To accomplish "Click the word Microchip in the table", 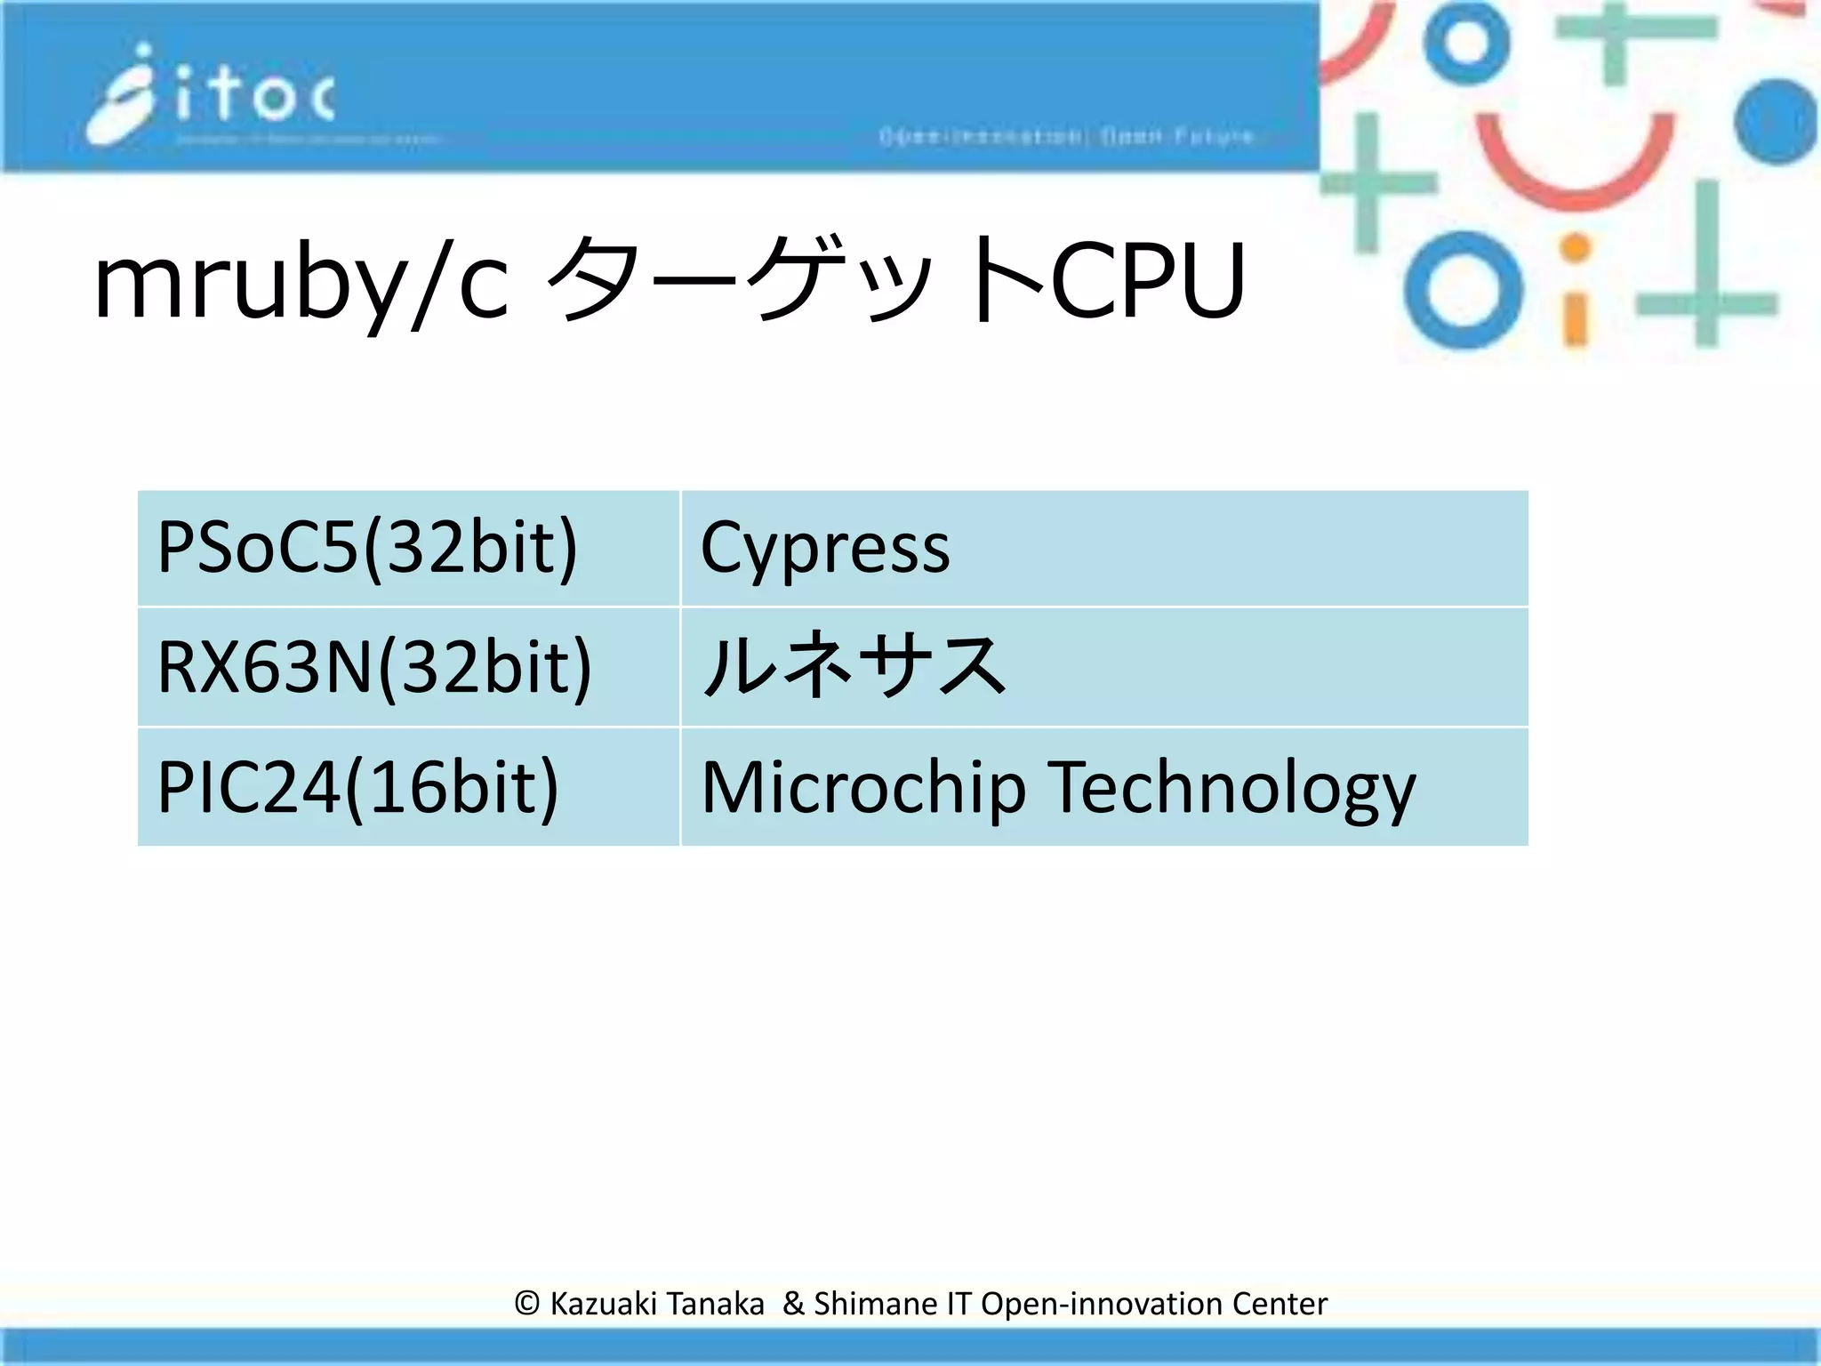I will [x=863, y=788].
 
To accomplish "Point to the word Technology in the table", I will [x=1231, y=788].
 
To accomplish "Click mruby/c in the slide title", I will [x=301, y=283].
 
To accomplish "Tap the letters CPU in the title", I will [x=1148, y=283].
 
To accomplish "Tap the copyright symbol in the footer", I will [x=526, y=1304].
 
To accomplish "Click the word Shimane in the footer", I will [x=876, y=1304].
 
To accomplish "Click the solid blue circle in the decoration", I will [x=1777, y=122].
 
